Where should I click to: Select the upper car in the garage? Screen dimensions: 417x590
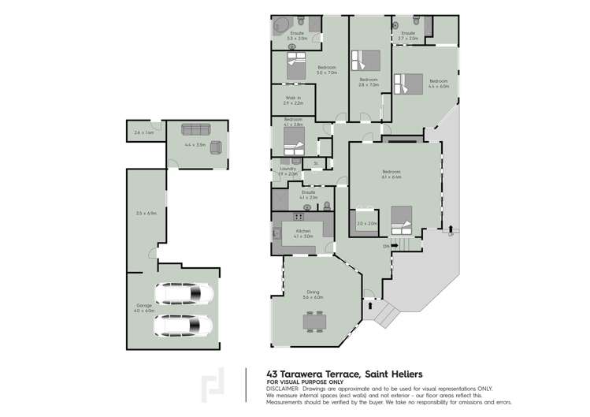pyautogui.click(x=184, y=294)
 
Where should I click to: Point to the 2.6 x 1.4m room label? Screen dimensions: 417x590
pyautogui.click(x=143, y=132)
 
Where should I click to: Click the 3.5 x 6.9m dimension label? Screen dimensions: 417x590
pyautogui.click(x=147, y=213)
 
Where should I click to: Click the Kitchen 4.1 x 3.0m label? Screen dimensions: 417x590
pyautogui.click(x=302, y=233)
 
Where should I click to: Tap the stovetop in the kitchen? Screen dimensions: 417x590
pyautogui.click(x=299, y=216)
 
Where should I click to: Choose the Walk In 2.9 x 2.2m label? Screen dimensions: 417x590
pyautogui.click(x=293, y=101)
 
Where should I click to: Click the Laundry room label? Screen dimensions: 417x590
pyautogui.click(x=288, y=171)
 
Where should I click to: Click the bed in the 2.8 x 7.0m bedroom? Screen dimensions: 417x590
pyautogui.click(x=368, y=61)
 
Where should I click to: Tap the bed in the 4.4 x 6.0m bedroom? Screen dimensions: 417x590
pyautogui.click(x=408, y=83)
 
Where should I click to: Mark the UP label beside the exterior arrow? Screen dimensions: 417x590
pyautogui.click(x=451, y=235)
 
